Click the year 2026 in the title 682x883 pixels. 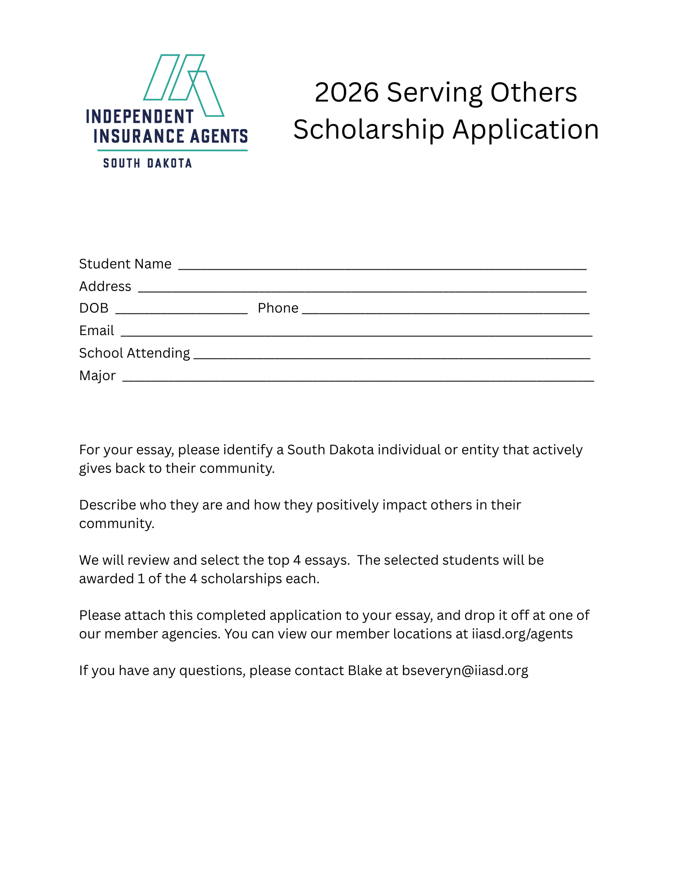pos(347,93)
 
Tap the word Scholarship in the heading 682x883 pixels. pos(369,130)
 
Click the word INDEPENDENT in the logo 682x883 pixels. pos(139,117)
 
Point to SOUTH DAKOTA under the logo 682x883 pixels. pos(147,163)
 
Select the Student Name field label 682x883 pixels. pos(125,264)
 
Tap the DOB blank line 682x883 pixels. pos(181,312)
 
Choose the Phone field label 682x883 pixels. pos(278,308)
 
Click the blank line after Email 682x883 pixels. pos(356,335)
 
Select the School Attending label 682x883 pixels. pos(134,353)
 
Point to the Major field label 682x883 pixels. pos(97,376)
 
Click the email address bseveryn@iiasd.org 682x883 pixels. pos(465,671)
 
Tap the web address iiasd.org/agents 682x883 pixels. pos(522,634)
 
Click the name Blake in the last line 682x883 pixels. pos(365,671)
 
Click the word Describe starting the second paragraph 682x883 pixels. pos(107,505)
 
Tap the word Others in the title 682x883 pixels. pos(533,93)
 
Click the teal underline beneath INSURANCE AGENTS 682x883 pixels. pos(172,151)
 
